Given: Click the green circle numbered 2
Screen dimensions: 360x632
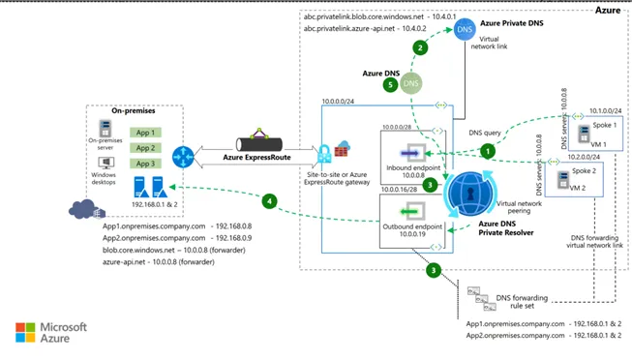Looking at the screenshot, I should (x=419, y=46).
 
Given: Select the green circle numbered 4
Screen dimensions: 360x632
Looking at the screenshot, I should (x=271, y=202).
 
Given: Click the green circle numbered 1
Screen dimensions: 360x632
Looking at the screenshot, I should (x=487, y=150).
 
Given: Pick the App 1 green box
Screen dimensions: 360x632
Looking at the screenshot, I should (x=145, y=132).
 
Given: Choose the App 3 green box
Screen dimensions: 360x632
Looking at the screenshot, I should (x=145, y=165).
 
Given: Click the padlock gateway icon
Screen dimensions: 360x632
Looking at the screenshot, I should (x=345, y=153).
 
